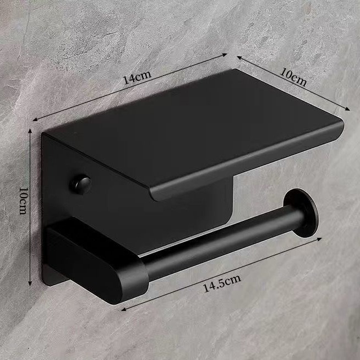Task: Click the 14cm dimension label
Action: click(137, 77)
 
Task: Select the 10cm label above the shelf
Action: click(293, 77)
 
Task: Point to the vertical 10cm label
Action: click(24, 201)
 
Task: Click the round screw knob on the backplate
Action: click(80, 185)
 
